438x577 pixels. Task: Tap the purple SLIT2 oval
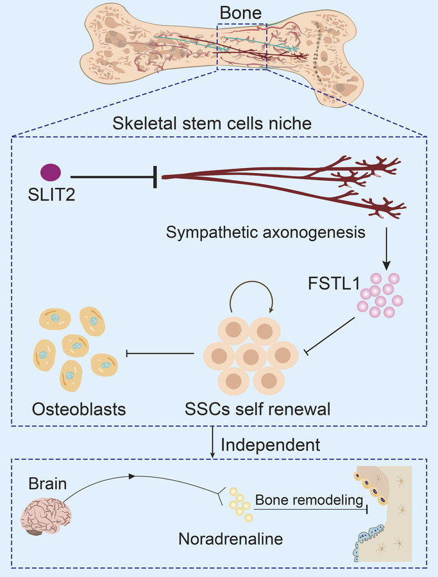(51, 172)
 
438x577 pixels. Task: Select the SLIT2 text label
(51, 193)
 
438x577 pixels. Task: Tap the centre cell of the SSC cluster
(251, 354)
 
